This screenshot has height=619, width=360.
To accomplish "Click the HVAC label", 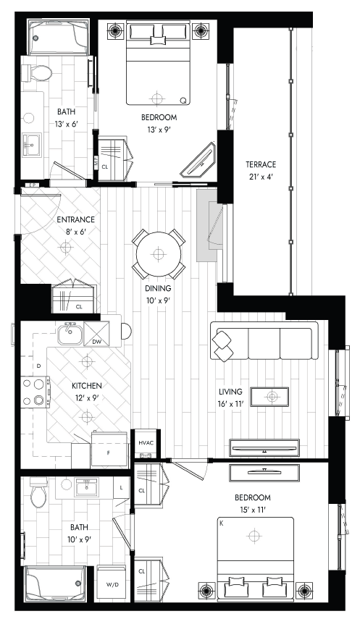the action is (x=146, y=442).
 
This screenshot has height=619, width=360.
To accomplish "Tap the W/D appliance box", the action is (x=112, y=584).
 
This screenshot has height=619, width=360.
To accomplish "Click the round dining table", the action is (x=159, y=254).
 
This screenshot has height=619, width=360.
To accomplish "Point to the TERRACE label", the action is (x=261, y=164).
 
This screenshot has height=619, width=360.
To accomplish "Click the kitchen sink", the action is (x=70, y=334).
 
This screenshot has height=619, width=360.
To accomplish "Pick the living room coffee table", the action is (x=270, y=396).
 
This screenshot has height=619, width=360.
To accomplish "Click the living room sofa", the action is (x=264, y=341).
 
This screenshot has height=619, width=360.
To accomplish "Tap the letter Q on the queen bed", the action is (x=183, y=101).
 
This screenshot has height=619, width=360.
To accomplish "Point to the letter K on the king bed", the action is (x=222, y=523).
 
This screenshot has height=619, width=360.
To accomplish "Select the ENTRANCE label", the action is (x=76, y=220).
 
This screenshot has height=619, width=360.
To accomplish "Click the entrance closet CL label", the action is (x=79, y=307).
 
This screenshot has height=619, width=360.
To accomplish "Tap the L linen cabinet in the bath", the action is (x=121, y=487).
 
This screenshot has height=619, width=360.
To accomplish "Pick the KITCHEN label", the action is (x=86, y=386).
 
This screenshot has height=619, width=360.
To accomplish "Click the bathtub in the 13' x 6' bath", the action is (x=59, y=38).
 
